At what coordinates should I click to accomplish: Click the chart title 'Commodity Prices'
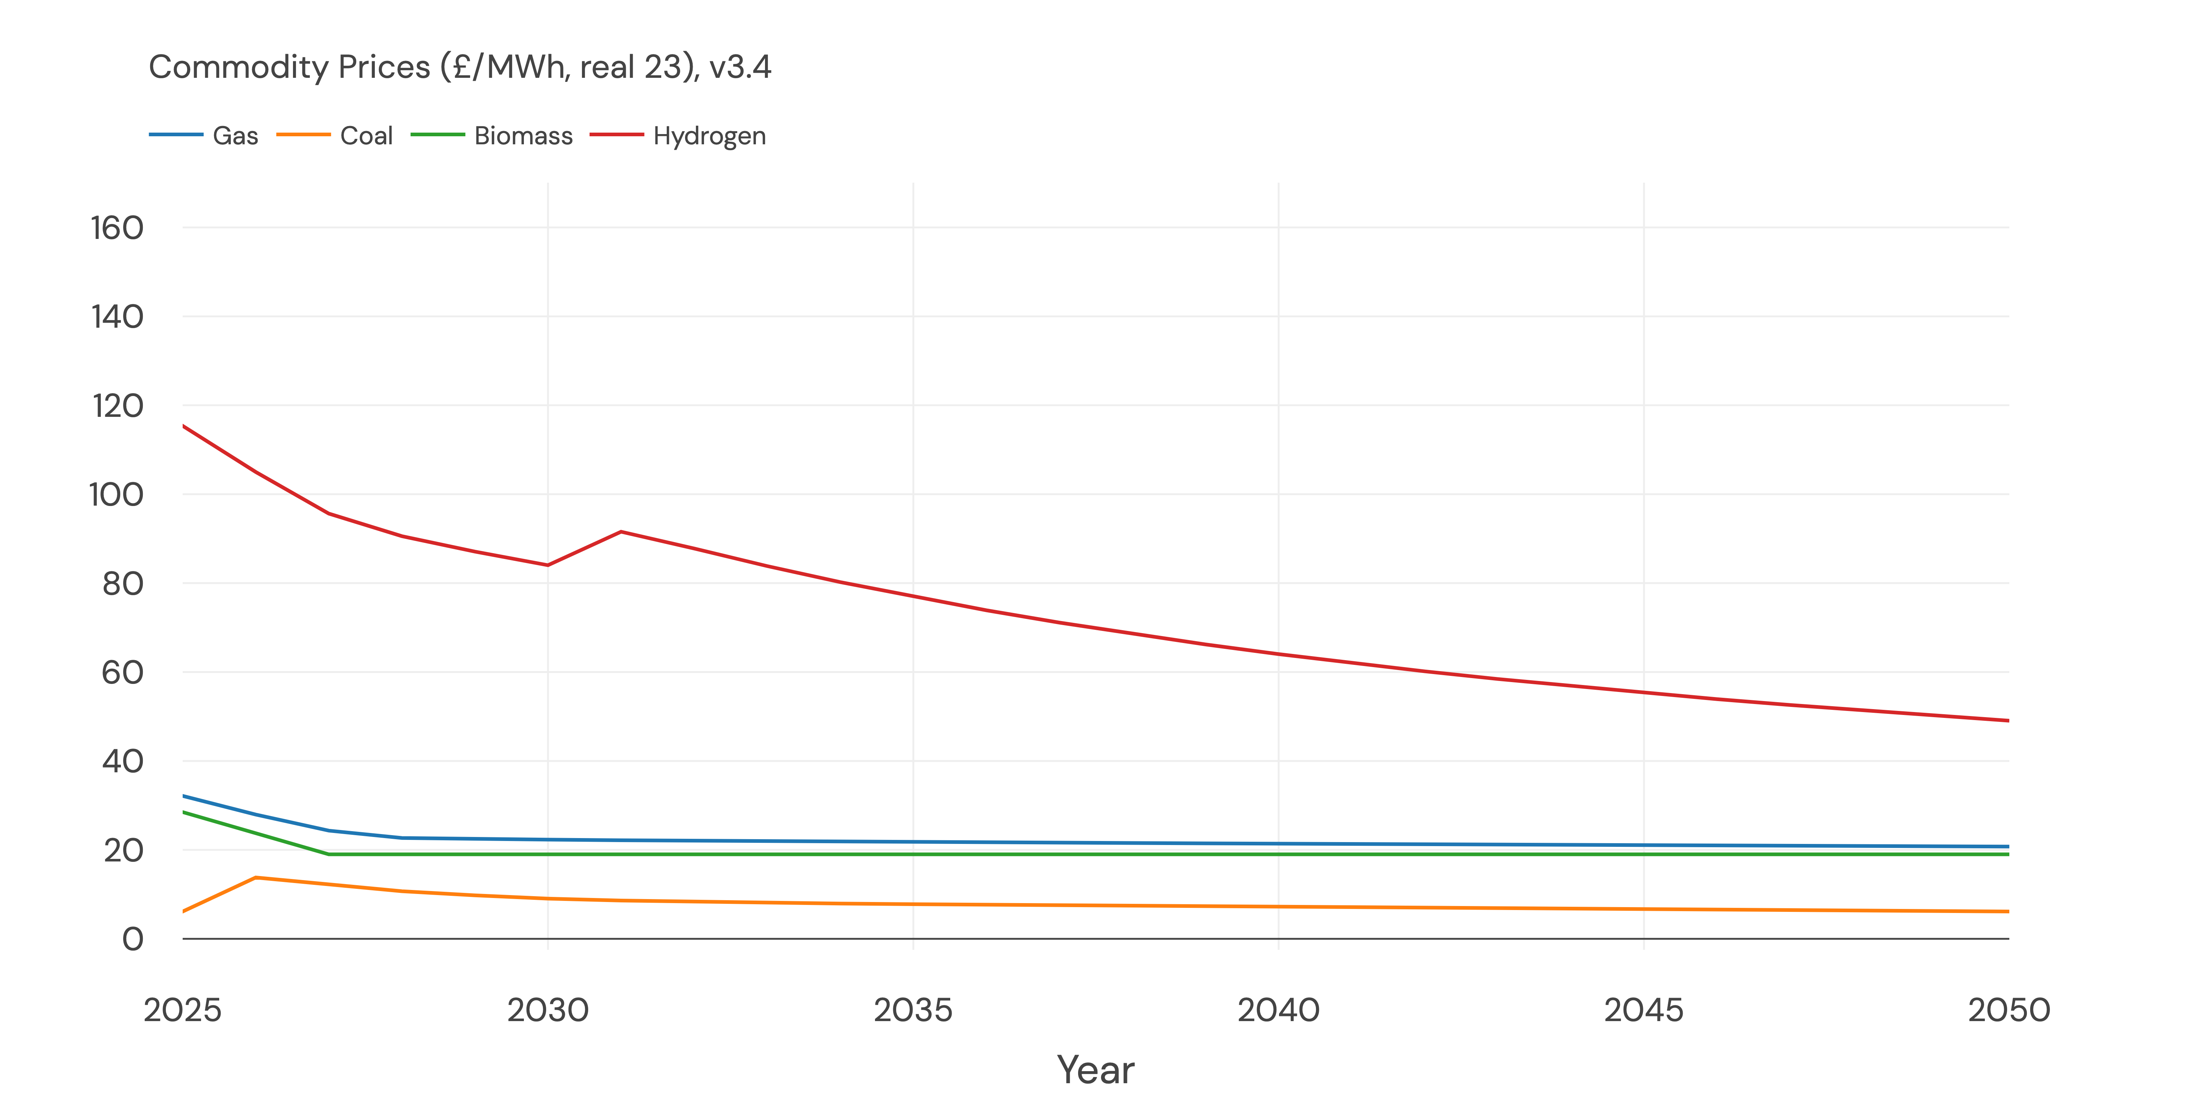460,67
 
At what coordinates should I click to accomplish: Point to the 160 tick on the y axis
117,228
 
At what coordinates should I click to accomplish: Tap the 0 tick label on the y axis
133,939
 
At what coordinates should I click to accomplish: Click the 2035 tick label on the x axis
913,1010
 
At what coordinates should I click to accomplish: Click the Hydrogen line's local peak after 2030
621,532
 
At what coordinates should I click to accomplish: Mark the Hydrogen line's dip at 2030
548,565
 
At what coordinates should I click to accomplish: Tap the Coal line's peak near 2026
256,877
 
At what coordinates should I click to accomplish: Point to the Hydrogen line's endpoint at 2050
2008,721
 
